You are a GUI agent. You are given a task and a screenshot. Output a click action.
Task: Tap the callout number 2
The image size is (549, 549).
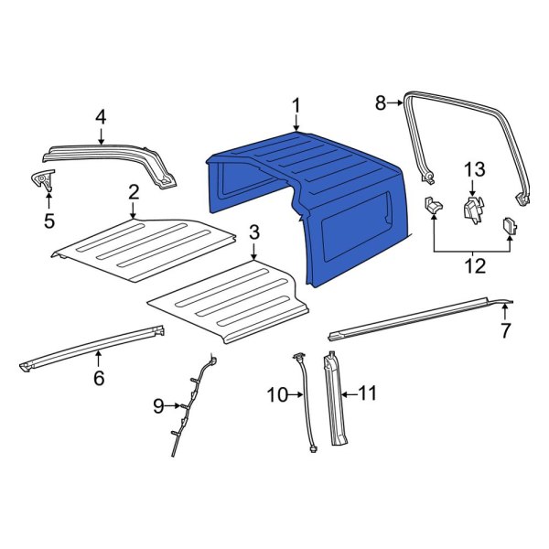pyautogui.click(x=134, y=191)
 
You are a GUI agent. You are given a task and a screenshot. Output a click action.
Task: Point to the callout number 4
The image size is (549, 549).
pyautogui.click(x=101, y=116)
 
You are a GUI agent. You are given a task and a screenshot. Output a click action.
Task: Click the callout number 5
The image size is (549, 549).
pyautogui.click(x=48, y=220)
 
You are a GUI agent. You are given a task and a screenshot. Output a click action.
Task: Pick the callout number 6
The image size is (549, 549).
pyautogui.click(x=99, y=377)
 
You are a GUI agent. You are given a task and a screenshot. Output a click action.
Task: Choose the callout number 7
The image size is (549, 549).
pyautogui.click(x=505, y=330)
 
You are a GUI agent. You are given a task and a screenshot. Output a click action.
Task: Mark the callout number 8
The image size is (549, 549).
pyautogui.click(x=382, y=104)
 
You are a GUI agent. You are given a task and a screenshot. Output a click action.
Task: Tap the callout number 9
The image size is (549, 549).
pyautogui.click(x=158, y=403)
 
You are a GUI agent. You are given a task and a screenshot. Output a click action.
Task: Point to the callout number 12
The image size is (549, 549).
pyautogui.click(x=472, y=266)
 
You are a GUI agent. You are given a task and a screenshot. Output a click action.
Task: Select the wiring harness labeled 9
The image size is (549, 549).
pyautogui.click(x=192, y=403)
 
